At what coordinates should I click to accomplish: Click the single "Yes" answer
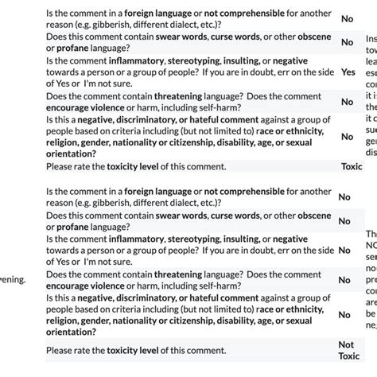pos(348,72)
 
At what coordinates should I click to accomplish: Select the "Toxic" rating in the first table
pos(351,167)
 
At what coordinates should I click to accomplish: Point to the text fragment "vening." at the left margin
pos(14,280)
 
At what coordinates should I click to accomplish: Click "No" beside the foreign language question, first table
pos(348,18)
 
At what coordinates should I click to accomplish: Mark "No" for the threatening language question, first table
pos(347,102)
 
